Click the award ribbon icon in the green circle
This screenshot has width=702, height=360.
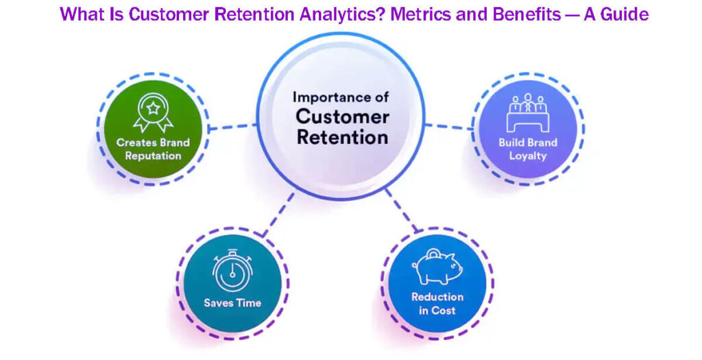click(x=153, y=112)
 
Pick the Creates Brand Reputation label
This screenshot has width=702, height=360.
click(x=153, y=149)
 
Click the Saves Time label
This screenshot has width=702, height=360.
click(x=232, y=302)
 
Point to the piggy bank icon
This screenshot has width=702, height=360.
click(x=437, y=269)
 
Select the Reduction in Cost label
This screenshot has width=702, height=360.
click(x=437, y=303)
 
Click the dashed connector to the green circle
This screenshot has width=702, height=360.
click(x=233, y=126)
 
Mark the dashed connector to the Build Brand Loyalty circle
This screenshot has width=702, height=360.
click(x=449, y=126)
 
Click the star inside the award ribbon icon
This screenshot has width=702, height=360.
click(x=153, y=107)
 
